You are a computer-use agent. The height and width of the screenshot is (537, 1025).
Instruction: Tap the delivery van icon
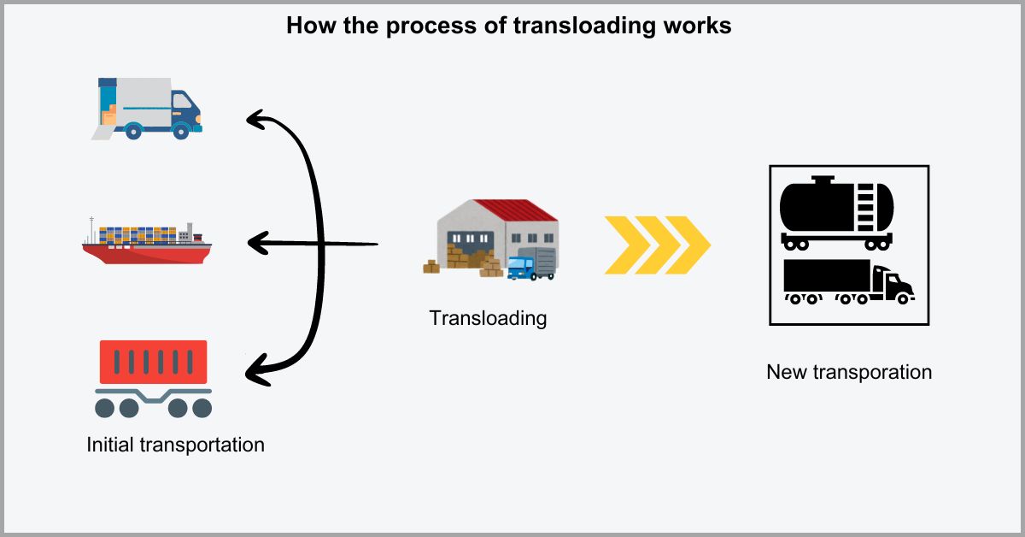coord(147,108)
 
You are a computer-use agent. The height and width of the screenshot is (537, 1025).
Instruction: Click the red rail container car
coord(153,363)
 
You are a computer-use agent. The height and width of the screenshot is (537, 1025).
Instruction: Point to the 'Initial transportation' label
coord(175,445)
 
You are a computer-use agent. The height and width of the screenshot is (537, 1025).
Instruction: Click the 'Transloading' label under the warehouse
coord(488,319)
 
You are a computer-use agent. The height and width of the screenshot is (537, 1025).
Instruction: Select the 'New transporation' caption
coord(848,372)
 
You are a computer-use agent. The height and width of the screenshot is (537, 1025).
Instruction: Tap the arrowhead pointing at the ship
coord(256,245)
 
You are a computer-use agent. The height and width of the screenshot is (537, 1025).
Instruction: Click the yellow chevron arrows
coord(657,245)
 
